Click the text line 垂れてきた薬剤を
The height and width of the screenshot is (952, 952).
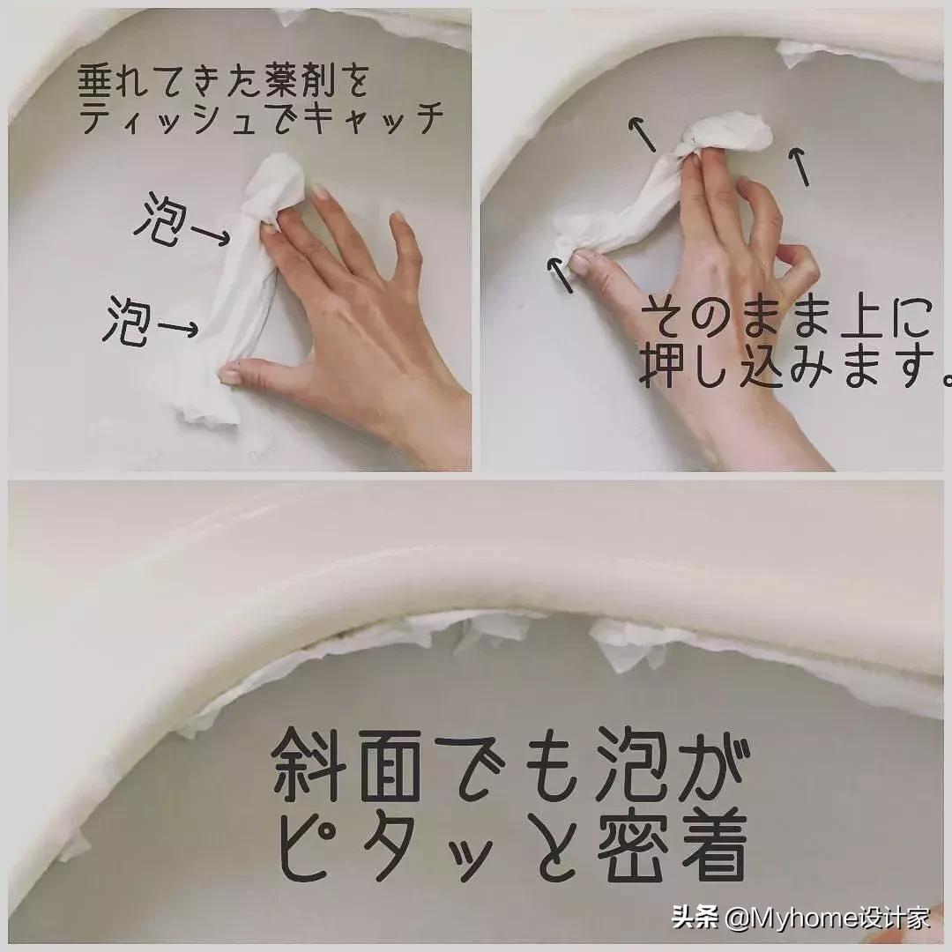point(220,82)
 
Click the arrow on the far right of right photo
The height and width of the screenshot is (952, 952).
point(800,167)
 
